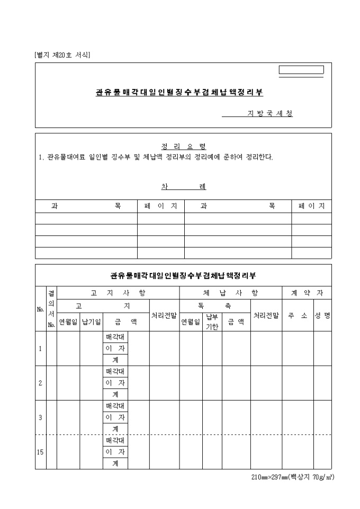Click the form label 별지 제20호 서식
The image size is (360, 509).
(62, 55)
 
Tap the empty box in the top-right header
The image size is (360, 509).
(301, 70)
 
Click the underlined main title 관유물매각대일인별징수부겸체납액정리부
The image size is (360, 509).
(179, 92)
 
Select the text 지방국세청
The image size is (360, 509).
(270, 114)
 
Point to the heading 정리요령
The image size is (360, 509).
(183, 147)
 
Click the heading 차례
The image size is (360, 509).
(183, 187)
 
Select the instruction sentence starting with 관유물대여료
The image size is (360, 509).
(156, 157)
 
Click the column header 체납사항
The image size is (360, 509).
(230, 293)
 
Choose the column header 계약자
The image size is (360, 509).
(307, 293)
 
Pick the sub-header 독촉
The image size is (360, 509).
(204, 305)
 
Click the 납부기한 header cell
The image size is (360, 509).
(212, 321)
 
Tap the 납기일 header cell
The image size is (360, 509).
(91, 321)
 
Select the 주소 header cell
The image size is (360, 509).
(298, 315)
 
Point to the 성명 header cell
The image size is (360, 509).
(322, 315)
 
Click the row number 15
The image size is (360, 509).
(40, 452)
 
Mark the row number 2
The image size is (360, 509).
(40, 383)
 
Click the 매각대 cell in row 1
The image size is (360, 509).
(115, 337)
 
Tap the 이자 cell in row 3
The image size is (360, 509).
(115, 417)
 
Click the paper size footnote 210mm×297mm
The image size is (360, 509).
(292, 477)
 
